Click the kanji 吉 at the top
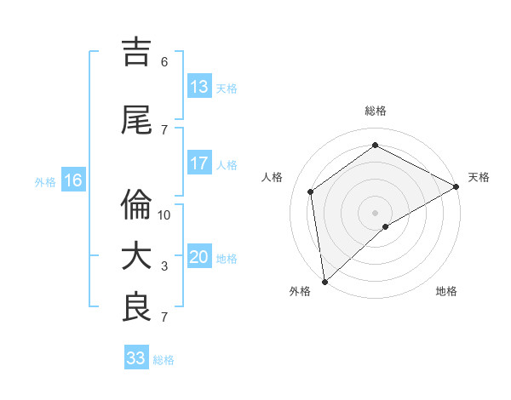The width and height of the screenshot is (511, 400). click(x=138, y=52)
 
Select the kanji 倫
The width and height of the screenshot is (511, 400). click(x=138, y=204)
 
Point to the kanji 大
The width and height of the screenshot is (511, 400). click(x=138, y=256)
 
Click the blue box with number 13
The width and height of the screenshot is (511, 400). click(x=199, y=87)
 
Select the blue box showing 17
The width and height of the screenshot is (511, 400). click(x=199, y=163)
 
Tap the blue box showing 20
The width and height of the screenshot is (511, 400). click(x=199, y=257)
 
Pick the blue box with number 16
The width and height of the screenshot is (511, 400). click(x=72, y=180)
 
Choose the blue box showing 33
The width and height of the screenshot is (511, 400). click(x=135, y=358)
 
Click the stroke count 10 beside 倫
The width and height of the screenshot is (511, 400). click(x=165, y=215)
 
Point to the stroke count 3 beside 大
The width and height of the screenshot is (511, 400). click(x=165, y=266)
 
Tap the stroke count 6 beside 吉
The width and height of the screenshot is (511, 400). click(x=164, y=62)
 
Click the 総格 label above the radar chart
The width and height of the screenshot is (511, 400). click(x=376, y=111)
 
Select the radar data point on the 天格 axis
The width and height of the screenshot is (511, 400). click(x=456, y=187)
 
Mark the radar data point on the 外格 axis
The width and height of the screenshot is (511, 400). click(x=324, y=282)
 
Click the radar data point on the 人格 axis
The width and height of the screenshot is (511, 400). click(x=311, y=191)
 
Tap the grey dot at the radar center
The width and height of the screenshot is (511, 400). click(x=376, y=212)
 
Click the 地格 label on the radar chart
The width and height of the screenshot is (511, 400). click(x=446, y=291)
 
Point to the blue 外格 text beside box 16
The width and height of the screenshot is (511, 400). click(x=44, y=181)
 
